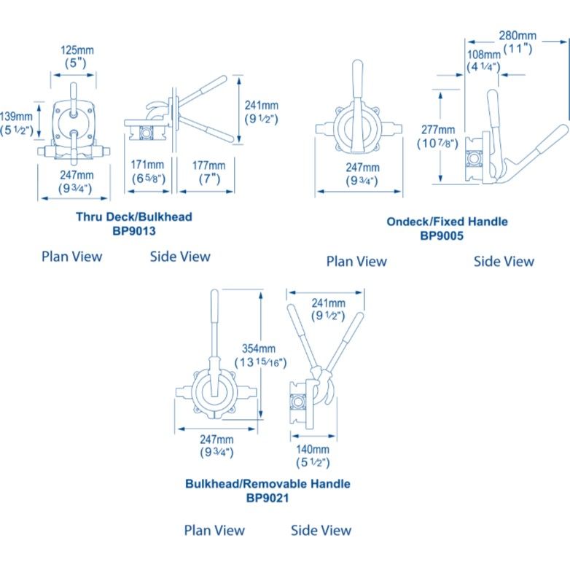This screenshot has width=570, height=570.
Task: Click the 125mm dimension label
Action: [x=77, y=51]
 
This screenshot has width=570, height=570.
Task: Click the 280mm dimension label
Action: [x=518, y=35]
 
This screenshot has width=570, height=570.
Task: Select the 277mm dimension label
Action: [x=437, y=130]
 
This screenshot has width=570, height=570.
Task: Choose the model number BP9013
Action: [x=134, y=230]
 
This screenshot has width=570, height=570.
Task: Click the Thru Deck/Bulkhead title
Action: [x=134, y=217]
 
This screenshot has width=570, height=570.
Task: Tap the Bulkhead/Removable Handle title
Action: [x=268, y=484]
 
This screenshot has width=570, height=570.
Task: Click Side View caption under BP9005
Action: [x=504, y=261]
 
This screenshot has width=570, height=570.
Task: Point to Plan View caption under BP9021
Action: [x=214, y=530]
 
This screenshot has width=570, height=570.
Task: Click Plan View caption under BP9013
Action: [x=71, y=256]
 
